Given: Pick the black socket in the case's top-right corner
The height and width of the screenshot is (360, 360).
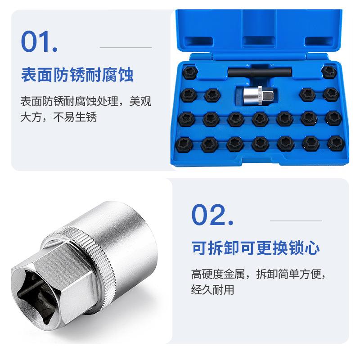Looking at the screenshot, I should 330,71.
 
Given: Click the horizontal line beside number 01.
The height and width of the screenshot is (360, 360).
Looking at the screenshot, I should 126,47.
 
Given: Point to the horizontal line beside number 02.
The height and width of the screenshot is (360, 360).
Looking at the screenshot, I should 296,221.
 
